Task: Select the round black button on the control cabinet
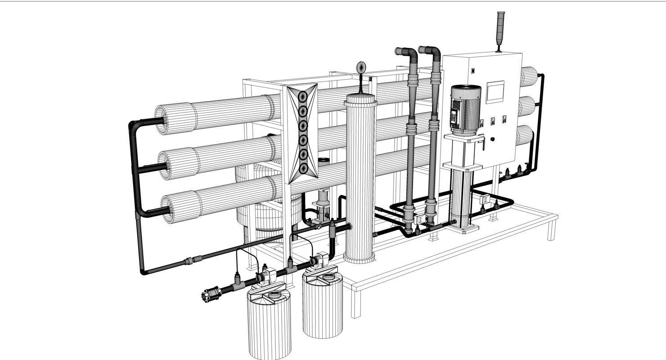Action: tap(493, 139)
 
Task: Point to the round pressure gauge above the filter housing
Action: tap(361, 68)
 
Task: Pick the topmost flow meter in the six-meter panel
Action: tap(303, 96)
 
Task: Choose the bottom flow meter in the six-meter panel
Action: tap(303, 168)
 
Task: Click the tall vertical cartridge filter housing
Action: tap(360, 180)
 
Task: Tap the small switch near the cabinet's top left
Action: tap(473, 71)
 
